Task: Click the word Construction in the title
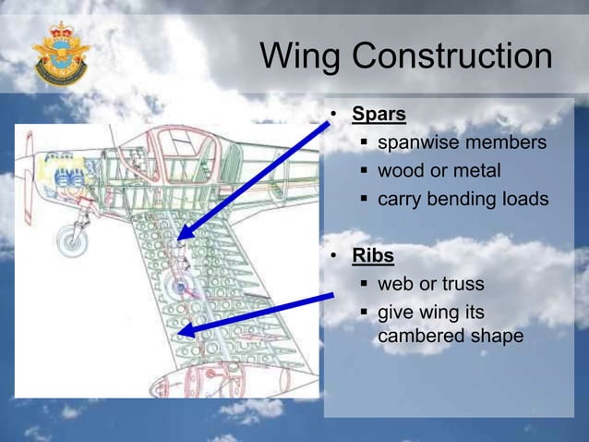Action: [x=452, y=57]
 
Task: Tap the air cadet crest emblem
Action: [x=62, y=54]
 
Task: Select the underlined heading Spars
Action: [x=379, y=116]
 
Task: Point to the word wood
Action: [x=401, y=171]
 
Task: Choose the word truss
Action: [x=462, y=283]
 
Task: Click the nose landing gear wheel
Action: [x=71, y=239]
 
